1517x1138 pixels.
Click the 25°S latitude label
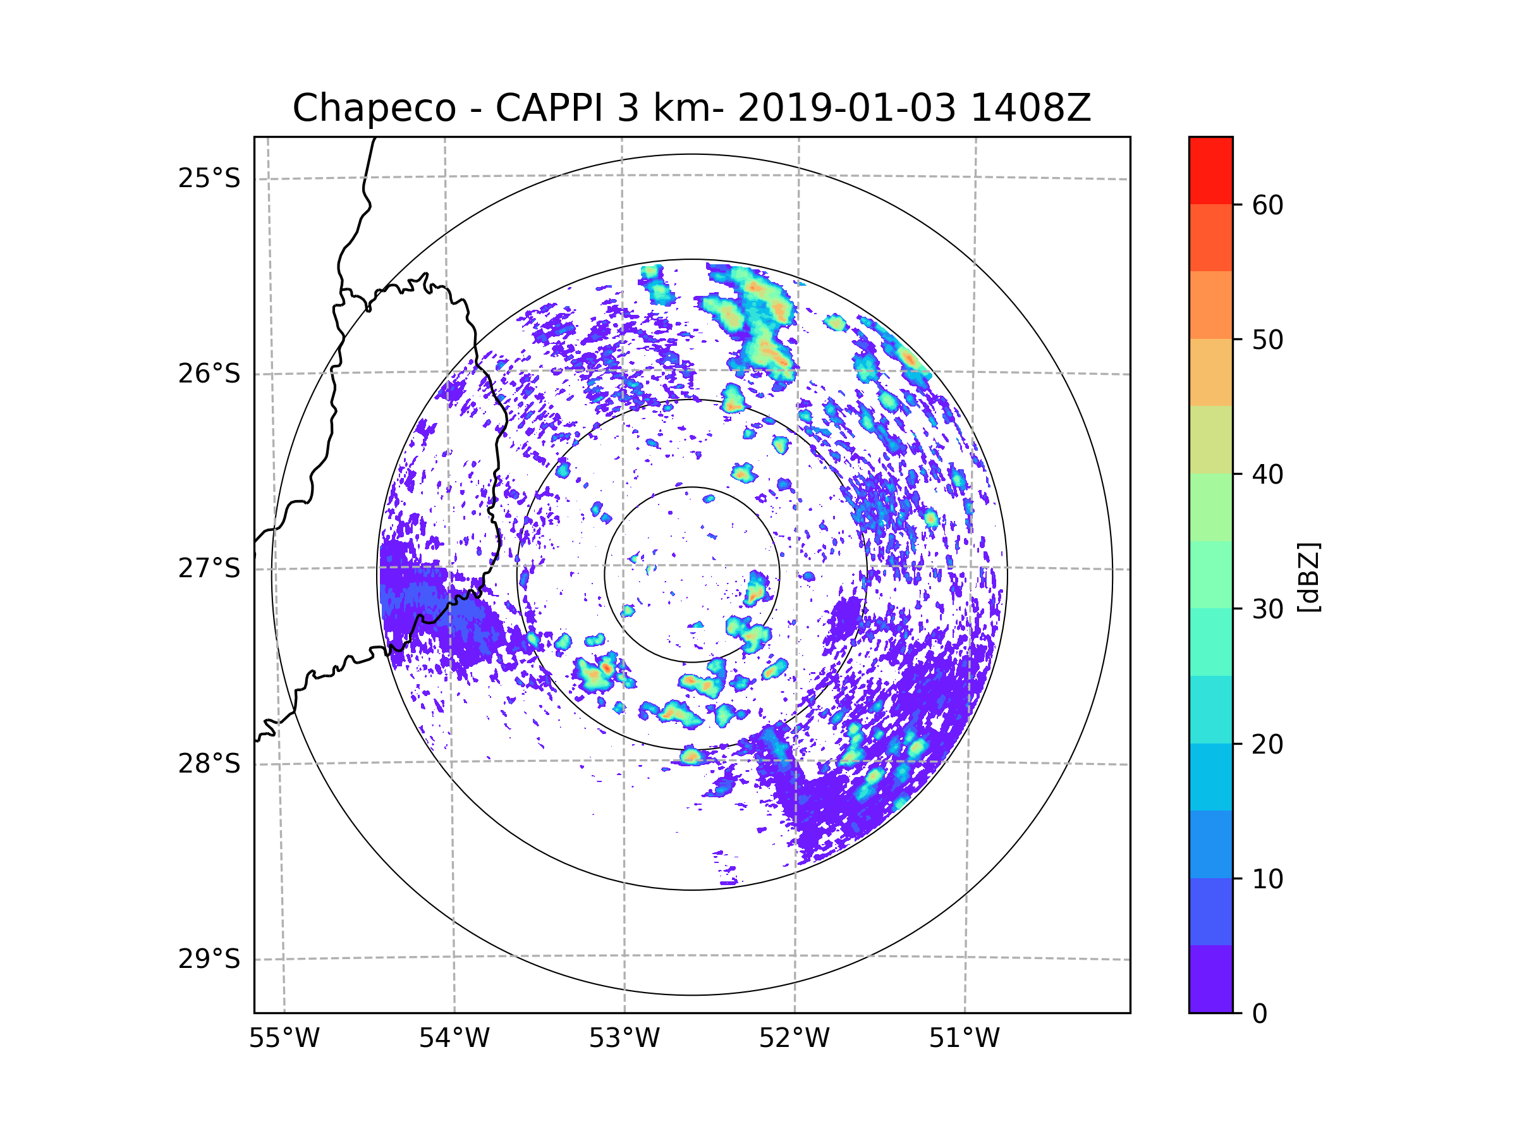209,178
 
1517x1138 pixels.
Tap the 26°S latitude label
209,374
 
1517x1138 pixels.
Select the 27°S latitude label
209,568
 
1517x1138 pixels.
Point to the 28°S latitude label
209,764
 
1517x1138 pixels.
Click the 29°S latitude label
209,959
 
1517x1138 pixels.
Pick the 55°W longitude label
284,1039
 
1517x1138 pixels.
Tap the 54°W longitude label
454,1039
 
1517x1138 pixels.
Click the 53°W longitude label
624,1039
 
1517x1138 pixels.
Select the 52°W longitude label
794,1039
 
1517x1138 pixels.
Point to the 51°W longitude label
964,1039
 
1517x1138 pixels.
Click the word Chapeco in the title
374,108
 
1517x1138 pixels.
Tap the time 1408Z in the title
1030,108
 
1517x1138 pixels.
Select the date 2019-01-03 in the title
846,108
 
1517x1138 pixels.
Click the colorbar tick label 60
1267,205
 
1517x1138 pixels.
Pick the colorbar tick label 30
1267,609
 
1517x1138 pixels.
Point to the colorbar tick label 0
1260,1014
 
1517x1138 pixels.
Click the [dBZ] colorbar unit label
1308,578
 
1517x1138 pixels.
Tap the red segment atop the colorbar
1210,170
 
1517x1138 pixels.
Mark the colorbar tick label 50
1267,340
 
